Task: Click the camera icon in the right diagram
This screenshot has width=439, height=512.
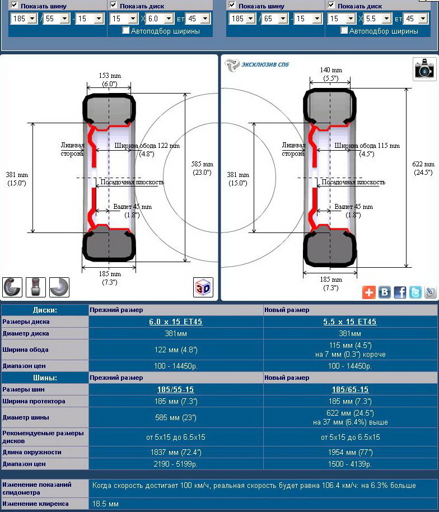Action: coord(424,68)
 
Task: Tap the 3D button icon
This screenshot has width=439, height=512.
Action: coord(203,287)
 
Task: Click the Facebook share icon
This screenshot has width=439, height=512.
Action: coord(400,292)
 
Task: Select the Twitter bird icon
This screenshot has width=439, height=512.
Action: coord(415,292)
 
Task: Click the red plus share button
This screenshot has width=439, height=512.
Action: coord(369,292)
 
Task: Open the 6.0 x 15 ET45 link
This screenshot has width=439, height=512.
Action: coord(176,322)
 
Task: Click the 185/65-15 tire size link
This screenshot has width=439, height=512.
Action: coord(350,389)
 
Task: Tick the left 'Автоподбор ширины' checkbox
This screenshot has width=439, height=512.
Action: coord(125,30)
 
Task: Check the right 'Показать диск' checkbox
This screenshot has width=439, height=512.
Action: coord(331,5)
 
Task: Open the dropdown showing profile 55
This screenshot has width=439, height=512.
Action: coord(57,18)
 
